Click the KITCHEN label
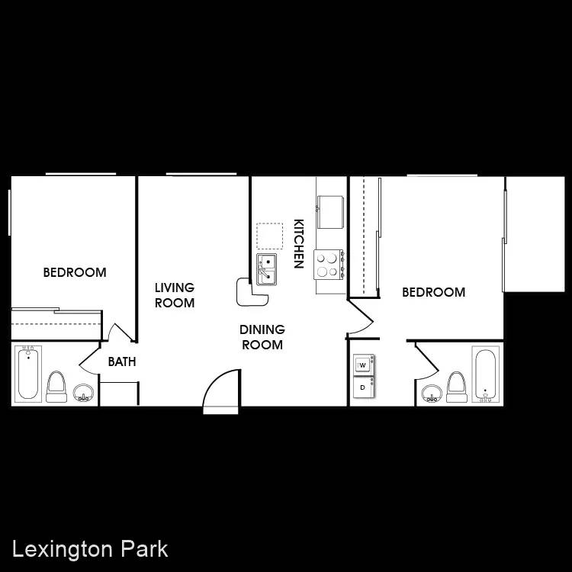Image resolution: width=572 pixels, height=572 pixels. tap(299, 244)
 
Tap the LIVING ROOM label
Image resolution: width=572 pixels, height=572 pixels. tap(175, 295)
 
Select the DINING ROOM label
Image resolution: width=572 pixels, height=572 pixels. tap(262, 337)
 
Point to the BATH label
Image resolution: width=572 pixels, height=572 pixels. tap(122, 362)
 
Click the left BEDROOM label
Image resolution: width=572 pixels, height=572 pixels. tap(75, 272)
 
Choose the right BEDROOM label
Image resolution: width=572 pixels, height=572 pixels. tap(434, 292)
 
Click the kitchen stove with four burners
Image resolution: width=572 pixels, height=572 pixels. tap(329, 265)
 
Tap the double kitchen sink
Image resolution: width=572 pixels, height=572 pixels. tap(267, 269)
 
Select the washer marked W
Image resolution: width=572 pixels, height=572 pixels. tap(363, 365)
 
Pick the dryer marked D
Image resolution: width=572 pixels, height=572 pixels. tap(363, 387)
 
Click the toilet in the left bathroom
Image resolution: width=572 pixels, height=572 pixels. tap(56, 387)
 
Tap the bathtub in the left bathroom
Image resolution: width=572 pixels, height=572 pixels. tap(28, 372)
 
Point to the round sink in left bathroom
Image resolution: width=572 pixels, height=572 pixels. tap(83, 393)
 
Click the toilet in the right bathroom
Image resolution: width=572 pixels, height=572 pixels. tap(457, 387)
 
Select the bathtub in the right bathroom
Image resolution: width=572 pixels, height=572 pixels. tap(486, 374)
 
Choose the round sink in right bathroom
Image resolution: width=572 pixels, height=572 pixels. tap(432, 394)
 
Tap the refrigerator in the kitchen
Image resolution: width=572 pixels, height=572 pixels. tap(330, 212)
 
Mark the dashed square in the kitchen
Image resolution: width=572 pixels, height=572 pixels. tap(269, 236)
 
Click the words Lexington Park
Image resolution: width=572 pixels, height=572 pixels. tap(90, 550)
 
